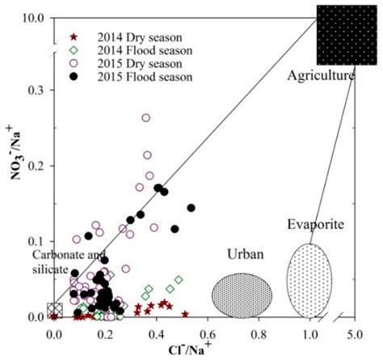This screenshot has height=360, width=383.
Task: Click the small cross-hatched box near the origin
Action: click(54, 311)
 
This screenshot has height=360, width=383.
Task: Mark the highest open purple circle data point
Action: click(146, 118)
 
